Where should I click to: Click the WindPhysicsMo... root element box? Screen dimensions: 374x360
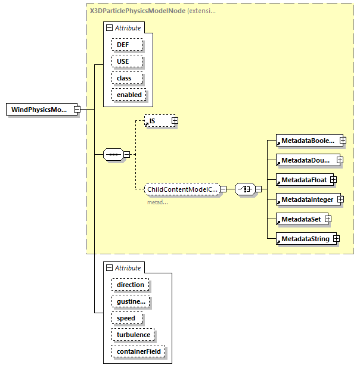39,110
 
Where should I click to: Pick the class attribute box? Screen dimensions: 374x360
124,78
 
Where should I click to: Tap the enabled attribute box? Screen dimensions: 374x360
129,95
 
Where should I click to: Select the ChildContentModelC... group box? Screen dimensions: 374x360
182,189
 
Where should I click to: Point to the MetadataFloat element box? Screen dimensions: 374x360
301,179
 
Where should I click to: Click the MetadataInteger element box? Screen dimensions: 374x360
306,200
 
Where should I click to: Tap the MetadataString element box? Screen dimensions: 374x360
303,239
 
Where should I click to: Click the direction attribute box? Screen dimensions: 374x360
130,285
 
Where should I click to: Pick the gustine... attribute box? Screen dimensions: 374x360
130,301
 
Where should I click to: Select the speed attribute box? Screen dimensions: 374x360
126,318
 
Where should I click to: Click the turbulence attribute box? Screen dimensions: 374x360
133,335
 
